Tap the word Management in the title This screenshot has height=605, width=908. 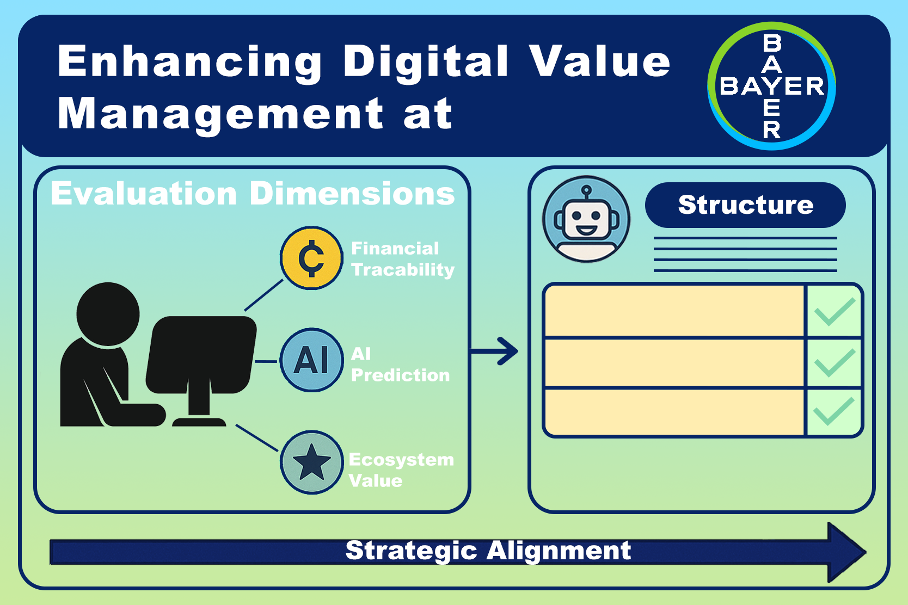(220, 114)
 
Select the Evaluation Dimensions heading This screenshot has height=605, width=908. (253, 193)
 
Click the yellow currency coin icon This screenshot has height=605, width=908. (311, 258)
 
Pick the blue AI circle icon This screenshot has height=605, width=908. (311, 360)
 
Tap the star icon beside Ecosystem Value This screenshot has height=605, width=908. (311, 462)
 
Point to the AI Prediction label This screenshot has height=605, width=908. (401, 365)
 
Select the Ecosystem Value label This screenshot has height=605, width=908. (401, 470)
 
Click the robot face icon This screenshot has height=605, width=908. (586, 219)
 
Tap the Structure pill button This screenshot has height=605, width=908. (745, 205)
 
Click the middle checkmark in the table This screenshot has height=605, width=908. (835, 363)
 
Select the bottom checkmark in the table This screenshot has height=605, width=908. (835, 411)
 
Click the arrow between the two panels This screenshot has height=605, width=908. (494, 351)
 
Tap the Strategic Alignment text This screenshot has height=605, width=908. (488, 550)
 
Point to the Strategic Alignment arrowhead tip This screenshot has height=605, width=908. (866, 552)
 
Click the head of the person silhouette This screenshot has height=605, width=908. (108, 314)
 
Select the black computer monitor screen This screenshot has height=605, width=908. (201, 355)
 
